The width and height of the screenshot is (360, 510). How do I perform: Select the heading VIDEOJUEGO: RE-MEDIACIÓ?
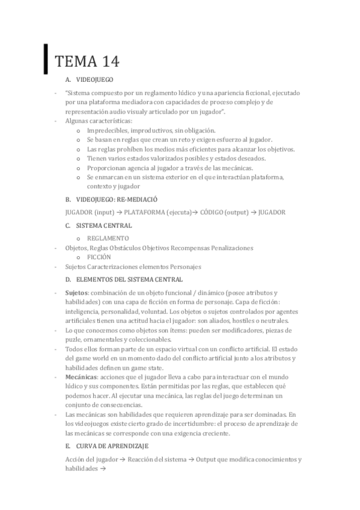(x=117, y=199)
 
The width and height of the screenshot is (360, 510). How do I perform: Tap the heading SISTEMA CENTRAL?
(x=104, y=226)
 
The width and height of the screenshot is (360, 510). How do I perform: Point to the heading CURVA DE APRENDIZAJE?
(x=113, y=446)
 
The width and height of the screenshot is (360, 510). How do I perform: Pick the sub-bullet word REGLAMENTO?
(x=108, y=238)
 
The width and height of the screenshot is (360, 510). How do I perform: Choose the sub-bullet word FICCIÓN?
(x=99, y=257)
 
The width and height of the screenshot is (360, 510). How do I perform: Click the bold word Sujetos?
(x=76, y=292)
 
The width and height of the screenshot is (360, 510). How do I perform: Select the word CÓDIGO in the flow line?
(x=213, y=212)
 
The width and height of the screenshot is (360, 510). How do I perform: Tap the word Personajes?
(x=182, y=266)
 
